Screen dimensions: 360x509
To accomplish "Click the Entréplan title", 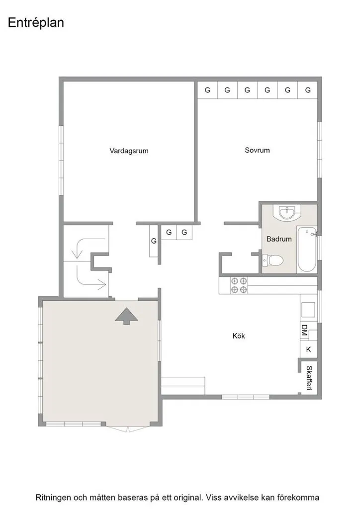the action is click(x=36, y=23).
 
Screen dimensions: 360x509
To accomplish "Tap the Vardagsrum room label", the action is click(x=129, y=151).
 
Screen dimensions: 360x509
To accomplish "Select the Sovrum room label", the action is click(x=257, y=150).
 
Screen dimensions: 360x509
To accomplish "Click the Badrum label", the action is click(x=279, y=239).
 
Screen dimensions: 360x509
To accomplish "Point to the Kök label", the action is click(x=239, y=336).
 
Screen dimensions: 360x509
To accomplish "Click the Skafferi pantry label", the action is click(x=309, y=378).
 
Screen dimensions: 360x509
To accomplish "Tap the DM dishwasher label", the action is click(x=304, y=330).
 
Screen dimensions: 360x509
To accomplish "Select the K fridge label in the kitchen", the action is click(x=308, y=349).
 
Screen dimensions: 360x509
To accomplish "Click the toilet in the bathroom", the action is click(x=272, y=260).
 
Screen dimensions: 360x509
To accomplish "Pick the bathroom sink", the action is click(x=287, y=212).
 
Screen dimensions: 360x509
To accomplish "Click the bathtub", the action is click(x=307, y=250).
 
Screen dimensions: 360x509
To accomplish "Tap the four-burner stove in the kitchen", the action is click(x=239, y=285).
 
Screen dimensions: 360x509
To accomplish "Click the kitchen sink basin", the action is click(x=308, y=310).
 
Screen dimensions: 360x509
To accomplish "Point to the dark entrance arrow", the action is click(x=127, y=316).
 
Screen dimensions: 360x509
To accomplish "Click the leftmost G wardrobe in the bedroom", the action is click(x=207, y=90).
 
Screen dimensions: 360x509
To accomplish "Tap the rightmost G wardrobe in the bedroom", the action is click(x=308, y=90).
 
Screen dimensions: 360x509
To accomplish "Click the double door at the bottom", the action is click(x=128, y=428).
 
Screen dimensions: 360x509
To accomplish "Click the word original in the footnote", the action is click(x=185, y=497).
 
